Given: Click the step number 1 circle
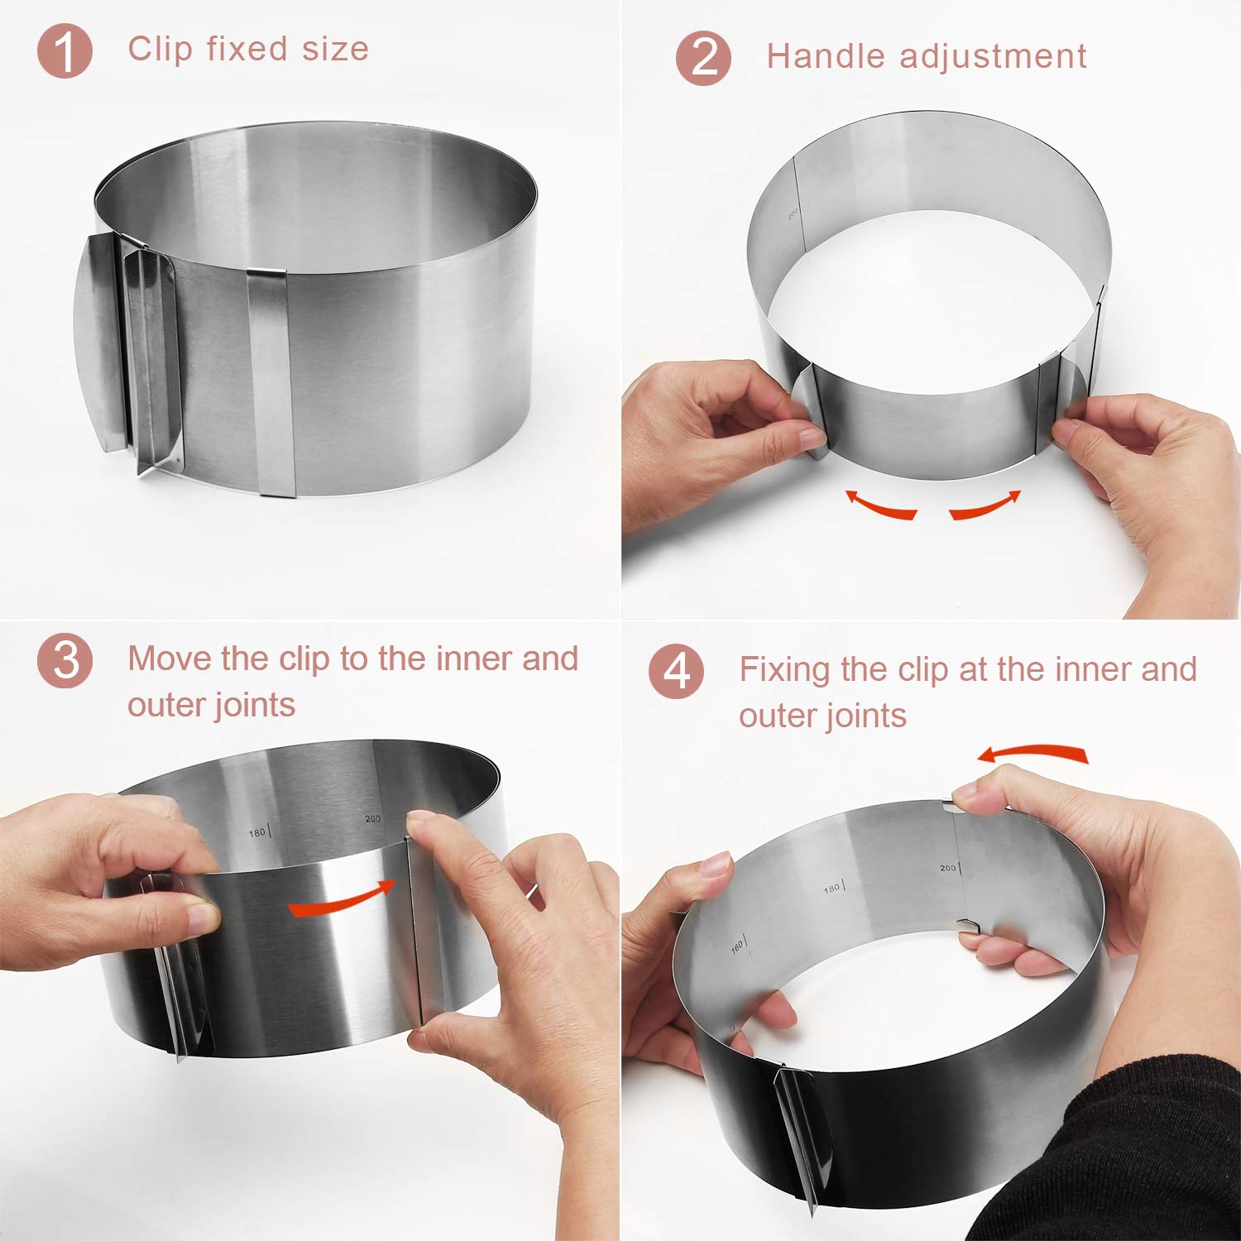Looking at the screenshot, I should (x=65, y=51).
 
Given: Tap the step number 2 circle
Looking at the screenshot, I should (x=703, y=59).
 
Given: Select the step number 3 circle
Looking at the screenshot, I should (x=65, y=660).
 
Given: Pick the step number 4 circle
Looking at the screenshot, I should (x=676, y=672).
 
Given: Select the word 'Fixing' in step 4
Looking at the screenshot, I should (x=783, y=669).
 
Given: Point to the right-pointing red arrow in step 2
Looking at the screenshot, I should (x=985, y=505).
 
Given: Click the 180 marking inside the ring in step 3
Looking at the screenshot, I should (x=258, y=832).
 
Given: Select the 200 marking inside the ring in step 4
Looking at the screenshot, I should (x=949, y=868).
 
